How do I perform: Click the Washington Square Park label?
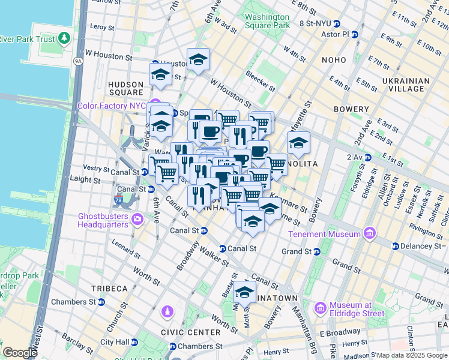pyautogui.click(x=267, y=22)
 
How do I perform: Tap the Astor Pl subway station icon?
pyautogui.click(x=354, y=34)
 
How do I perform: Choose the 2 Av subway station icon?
pyautogui.click(x=367, y=157)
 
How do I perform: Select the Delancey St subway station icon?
pyautogui.click(x=395, y=246)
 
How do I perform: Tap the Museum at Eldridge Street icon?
pyautogui.click(x=320, y=308)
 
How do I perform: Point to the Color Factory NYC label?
pyautogui.click(x=112, y=106)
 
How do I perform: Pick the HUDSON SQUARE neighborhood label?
pyautogui.click(x=125, y=88)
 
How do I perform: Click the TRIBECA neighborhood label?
pyautogui.click(x=109, y=288)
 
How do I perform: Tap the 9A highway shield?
pyautogui.click(x=77, y=61)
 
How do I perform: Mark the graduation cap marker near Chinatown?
pyautogui.click(x=244, y=292)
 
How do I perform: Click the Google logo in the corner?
pyautogui.click(x=20, y=353)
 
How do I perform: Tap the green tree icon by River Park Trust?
pyautogui.click(x=63, y=39)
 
